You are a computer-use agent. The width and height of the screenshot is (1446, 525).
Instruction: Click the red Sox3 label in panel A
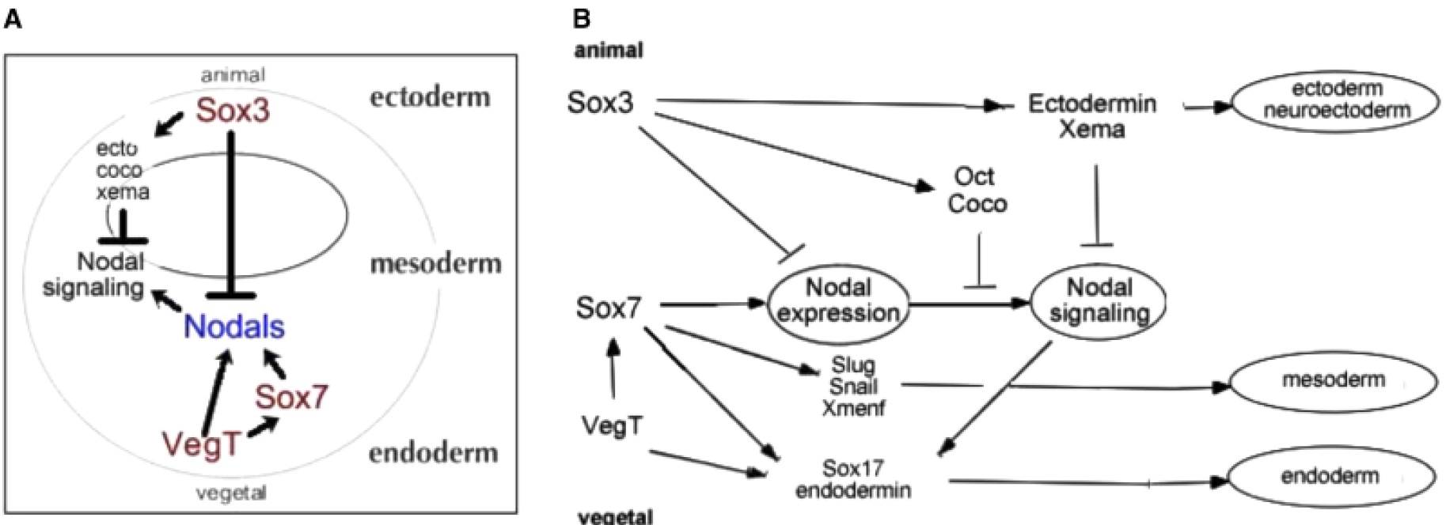[x=233, y=110]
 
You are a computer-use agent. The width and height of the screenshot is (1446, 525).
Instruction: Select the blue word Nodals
[x=233, y=327]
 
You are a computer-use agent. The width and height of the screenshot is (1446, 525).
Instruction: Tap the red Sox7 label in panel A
[x=291, y=397]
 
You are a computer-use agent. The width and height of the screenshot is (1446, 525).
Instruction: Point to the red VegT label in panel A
[x=201, y=444]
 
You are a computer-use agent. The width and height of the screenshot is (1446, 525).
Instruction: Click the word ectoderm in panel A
[x=430, y=97]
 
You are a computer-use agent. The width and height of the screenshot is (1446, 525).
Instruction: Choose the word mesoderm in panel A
[x=436, y=262]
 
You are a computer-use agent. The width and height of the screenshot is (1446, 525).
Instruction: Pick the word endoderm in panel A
[x=433, y=453]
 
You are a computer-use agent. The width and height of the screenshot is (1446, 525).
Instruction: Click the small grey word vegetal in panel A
[x=231, y=493]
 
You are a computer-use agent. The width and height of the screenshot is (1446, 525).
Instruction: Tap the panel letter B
[x=582, y=18]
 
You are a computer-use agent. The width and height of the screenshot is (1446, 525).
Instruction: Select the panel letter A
[x=13, y=19]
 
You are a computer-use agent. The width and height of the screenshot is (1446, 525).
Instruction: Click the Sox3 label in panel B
[x=601, y=103]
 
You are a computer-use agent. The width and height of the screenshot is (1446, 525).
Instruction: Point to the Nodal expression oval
[x=838, y=300]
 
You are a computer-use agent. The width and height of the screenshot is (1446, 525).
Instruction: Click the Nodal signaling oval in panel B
[x=1099, y=300]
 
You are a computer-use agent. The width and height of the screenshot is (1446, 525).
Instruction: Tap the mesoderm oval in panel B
[x=1333, y=381]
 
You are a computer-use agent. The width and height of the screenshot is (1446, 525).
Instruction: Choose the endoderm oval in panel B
[x=1330, y=477]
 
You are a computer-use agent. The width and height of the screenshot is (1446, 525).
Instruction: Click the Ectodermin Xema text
[x=1091, y=115]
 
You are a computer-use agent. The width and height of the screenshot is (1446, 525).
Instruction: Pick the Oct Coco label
[x=977, y=190]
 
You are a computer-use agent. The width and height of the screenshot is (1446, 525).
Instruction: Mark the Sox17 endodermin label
[x=853, y=478]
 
